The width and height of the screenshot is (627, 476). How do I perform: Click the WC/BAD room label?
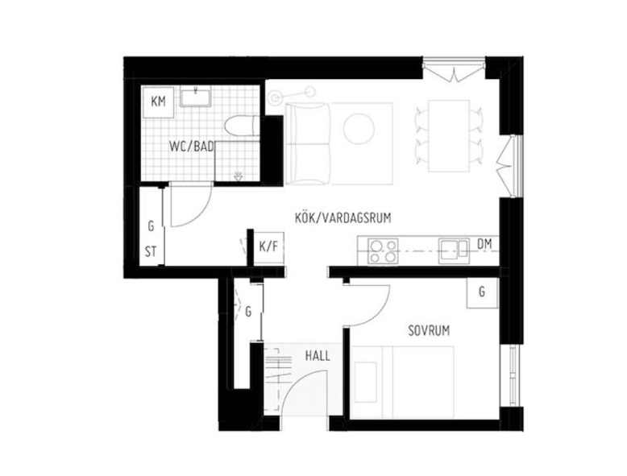tap(191, 147)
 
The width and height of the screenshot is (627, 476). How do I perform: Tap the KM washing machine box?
tap(159, 101)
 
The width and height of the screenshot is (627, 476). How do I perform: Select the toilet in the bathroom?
tap(240, 126)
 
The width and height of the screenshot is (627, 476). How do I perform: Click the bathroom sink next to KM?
tap(195, 98)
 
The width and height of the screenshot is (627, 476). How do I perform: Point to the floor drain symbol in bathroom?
tap(238, 176)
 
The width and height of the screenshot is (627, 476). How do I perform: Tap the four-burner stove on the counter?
tap(382, 251)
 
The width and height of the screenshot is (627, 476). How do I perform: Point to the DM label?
tap(484, 243)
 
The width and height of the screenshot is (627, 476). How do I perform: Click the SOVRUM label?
tap(428, 330)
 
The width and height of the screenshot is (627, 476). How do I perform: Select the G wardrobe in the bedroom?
tap(482, 292)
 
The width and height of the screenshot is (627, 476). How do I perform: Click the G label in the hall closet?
tap(249, 311)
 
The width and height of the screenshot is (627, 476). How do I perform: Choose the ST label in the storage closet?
tap(150, 250)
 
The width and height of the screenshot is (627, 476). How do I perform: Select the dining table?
tap(448, 135)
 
